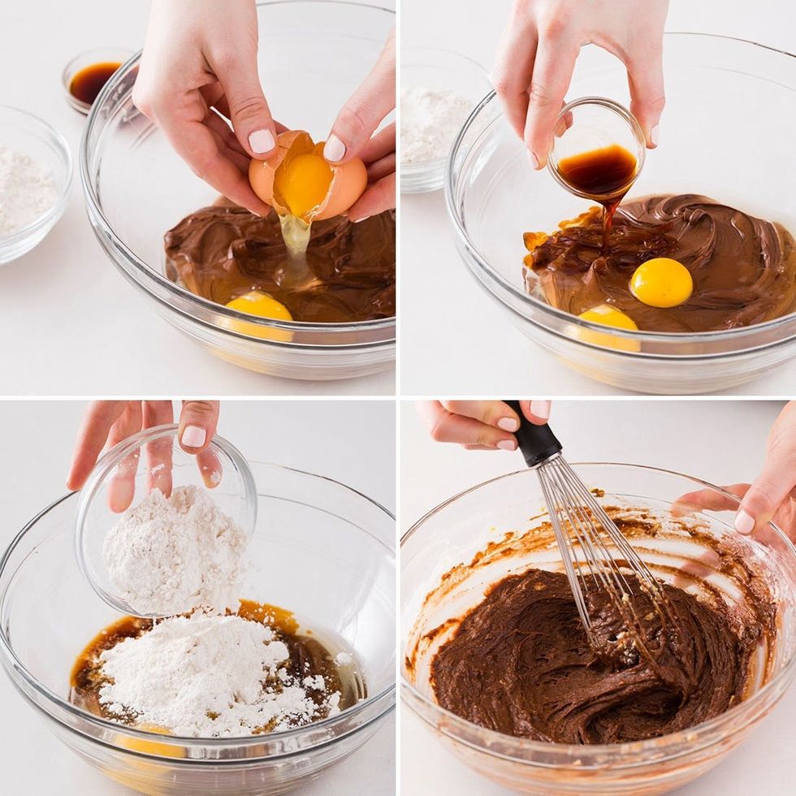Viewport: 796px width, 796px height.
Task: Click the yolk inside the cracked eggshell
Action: click(303, 184)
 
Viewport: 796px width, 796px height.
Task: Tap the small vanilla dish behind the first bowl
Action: click(93, 80)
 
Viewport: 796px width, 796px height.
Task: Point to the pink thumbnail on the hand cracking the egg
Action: click(262, 141)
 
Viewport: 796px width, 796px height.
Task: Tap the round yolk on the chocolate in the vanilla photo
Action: click(661, 282)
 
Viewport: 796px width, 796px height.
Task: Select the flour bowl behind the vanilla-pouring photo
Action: click(435, 130)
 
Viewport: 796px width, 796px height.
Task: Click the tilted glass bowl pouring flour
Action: click(167, 520)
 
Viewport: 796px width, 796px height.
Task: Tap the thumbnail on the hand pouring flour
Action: click(193, 437)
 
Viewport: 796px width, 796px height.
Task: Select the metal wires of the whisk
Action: click(593, 552)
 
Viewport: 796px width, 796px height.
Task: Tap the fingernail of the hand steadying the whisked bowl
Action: click(744, 521)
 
